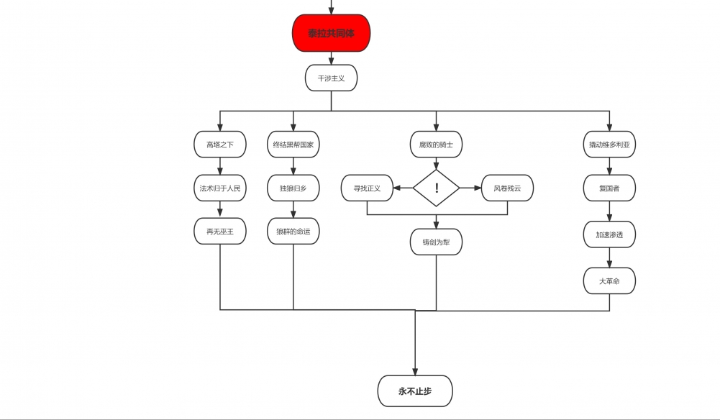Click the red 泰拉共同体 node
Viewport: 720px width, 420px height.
click(x=331, y=33)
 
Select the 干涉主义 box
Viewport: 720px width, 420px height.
click(x=331, y=78)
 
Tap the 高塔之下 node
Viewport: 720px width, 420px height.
click(x=220, y=145)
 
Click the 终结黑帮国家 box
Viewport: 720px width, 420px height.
click(x=293, y=145)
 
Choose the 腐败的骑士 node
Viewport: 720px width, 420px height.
click(x=436, y=145)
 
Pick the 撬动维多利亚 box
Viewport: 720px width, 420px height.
click(x=609, y=145)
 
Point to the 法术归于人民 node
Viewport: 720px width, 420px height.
click(x=220, y=188)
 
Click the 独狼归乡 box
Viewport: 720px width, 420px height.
click(x=293, y=188)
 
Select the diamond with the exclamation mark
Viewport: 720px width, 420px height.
click(x=436, y=188)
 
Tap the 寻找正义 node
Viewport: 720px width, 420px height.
click(x=367, y=188)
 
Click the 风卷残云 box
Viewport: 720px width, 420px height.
click(x=507, y=188)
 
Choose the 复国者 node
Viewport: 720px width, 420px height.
click(x=609, y=188)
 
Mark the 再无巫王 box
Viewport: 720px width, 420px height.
click(x=220, y=232)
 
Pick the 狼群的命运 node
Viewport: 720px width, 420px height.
click(x=293, y=232)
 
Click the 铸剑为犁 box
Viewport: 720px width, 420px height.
click(x=436, y=242)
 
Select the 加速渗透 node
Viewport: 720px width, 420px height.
click(x=609, y=234)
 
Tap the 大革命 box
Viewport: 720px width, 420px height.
click(x=609, y=281)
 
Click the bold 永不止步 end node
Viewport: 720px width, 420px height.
click(x=415, y=391)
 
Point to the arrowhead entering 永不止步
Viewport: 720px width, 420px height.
click(x=415, y=371)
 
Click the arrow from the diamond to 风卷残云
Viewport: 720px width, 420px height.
click(x=470, y=188)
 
